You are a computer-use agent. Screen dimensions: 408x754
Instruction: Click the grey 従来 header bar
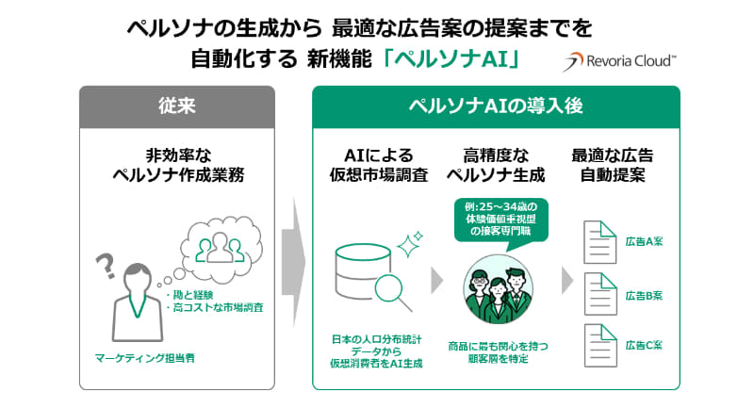coord(176,105)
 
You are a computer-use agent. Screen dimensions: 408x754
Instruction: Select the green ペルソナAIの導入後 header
coord(495,105)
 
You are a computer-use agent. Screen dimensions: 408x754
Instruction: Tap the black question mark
coord(107,266)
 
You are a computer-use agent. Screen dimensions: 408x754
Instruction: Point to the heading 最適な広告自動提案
coord(613,165)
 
